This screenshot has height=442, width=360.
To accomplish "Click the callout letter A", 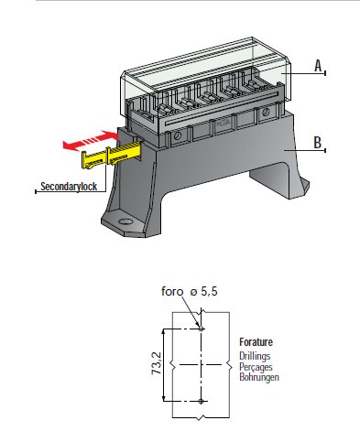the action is (x=318, y=66).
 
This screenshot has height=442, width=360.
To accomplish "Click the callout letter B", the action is (x=318, y=143).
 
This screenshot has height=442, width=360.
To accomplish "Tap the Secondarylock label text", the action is (x=69, y=187).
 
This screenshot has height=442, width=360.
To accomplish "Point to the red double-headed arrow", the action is (x=91, y=140).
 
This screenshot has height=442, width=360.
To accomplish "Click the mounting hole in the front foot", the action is (x=125, y=221).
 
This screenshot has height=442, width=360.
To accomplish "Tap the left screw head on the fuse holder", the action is (x=177, y=135).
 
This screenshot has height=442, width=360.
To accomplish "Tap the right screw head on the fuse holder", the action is (x=266, y=112).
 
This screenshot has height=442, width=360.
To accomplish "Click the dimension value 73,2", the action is (x=157, y=363).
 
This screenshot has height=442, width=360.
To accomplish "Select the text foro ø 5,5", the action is (x=190, y=292).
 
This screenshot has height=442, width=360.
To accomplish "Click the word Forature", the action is (x=256, y=342).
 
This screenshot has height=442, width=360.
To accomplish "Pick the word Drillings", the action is (x=255, y=356).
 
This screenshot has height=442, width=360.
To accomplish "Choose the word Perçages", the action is (x=256, y=367).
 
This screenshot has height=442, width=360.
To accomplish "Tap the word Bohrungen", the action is (x=259, y=377).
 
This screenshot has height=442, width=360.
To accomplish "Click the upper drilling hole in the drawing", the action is (x=201, y=329).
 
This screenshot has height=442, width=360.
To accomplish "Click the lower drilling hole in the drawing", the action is (x=201, y=402).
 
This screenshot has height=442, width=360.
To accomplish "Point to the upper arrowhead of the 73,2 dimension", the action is (x=164, y=332).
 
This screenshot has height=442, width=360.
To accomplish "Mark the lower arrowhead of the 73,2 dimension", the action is (x=164, y=398).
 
